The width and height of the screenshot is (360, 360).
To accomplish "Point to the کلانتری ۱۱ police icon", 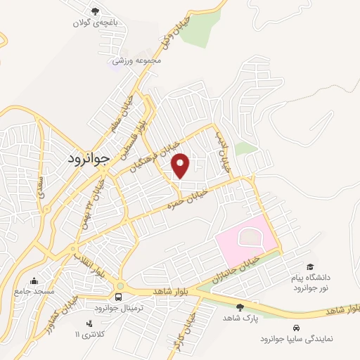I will pyautogui.click(x=89, y=323).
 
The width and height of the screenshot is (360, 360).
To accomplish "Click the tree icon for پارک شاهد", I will pyautogui.click(x=240, y=307).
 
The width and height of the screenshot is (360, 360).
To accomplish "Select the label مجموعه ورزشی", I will pyautogui.click(x=143, y=60).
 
